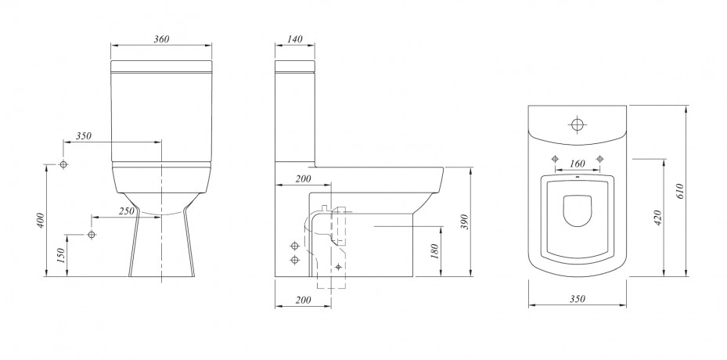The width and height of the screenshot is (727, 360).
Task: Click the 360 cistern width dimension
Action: [161, 39]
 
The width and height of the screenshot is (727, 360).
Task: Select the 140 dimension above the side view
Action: [295, 39]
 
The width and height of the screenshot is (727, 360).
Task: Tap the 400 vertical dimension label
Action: [41, 221]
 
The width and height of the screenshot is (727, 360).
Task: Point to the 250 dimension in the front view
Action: [126, 211]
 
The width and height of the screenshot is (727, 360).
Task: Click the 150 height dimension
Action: [61, 256]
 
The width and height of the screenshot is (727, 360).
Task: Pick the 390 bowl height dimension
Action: [466, 221]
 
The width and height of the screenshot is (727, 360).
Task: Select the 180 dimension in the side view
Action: [435, 251]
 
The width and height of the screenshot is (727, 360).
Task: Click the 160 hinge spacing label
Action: [578, 164]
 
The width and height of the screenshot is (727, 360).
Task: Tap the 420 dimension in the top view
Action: [658, 218]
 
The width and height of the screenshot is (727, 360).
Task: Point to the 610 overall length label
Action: [680, 191]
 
